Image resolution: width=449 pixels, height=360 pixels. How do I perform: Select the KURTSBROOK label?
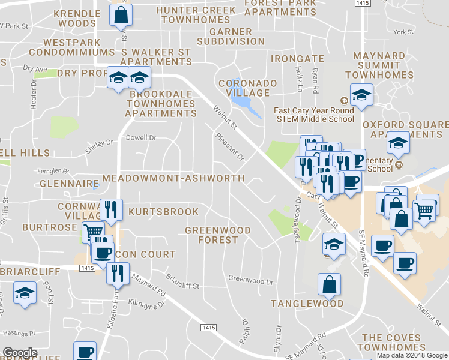tap(163, 212)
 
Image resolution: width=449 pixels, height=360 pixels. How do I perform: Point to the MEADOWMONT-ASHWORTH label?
tap(173, 178)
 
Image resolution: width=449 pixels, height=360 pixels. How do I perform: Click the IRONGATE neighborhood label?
tap(297, 59)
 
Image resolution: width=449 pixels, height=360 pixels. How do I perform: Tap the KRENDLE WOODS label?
tap(77, 19)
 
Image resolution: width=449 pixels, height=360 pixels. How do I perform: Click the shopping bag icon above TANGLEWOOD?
tap(329, 285)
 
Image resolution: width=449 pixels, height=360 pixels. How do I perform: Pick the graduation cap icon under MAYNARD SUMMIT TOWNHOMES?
tap(361, 95)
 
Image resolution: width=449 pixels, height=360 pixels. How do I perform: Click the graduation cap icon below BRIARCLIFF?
tap(25, 293)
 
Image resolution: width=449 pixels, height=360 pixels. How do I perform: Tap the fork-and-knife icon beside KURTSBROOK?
tap(111, 209)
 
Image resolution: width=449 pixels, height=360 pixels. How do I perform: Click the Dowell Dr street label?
tap(140, 137)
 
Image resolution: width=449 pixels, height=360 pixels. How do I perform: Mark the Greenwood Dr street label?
tap(250, 280)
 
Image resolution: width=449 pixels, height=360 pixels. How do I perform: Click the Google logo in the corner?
tap(20, 353)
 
